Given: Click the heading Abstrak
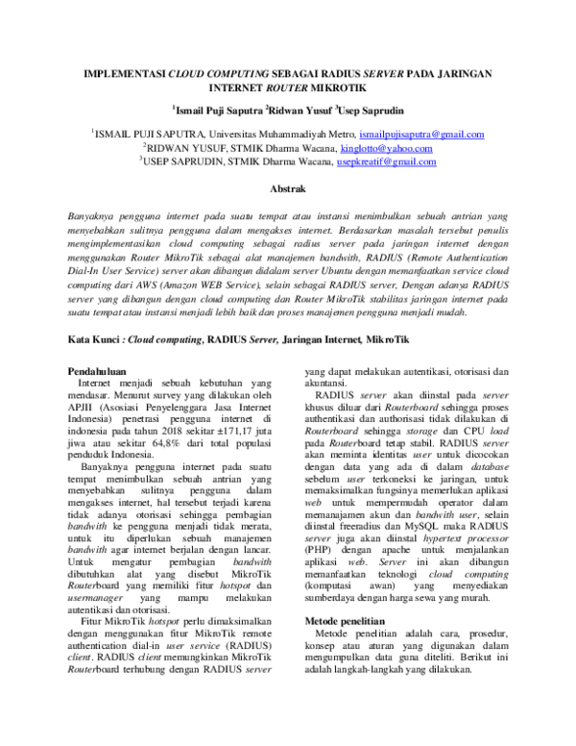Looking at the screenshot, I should click(287, 190).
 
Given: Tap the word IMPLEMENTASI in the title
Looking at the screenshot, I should click(125, 72).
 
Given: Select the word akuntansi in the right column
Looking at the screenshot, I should click(331, 356).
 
